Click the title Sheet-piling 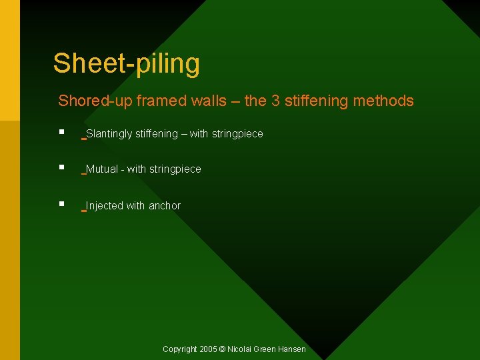click(x=126, y=63)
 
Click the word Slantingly click(x=109, y=134)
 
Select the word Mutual click(x=102, y=169)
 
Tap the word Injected click(x=105, y=206)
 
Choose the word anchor click(x=165, y=206)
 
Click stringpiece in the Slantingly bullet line click(x=237, y=134)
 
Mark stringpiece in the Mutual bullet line click(x=175, y=169)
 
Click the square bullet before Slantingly click(x=61, y=132)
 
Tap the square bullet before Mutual click(x=61, y=167)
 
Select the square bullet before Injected click(x=61, y=204)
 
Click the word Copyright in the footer click(x=180, y=349)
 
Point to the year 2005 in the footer click(x=208, y=349)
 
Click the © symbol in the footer click(x=223, y=349)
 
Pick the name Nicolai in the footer click(x=241, y=349)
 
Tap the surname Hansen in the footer click(x=293, y=349)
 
